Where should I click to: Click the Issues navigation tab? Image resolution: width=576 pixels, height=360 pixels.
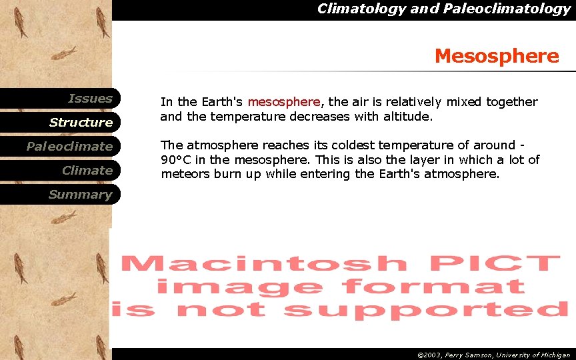90,99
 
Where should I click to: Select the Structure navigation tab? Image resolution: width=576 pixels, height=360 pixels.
81,123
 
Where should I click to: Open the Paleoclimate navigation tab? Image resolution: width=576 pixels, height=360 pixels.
69,147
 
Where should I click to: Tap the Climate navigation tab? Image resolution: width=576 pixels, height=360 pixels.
87,171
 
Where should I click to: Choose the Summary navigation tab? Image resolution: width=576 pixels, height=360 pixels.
80,195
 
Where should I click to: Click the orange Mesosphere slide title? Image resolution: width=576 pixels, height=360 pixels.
497,56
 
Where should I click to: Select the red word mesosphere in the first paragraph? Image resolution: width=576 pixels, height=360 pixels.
284,102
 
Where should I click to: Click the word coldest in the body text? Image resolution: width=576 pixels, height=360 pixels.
337,145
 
